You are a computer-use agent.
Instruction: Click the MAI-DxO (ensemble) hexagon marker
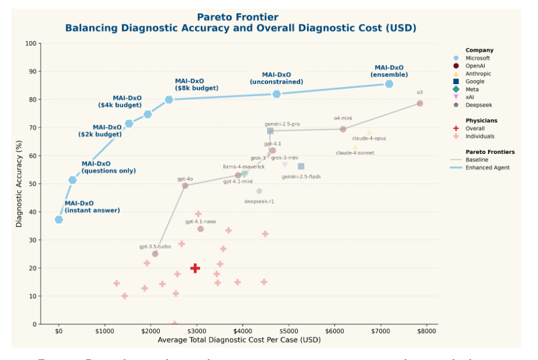[389, 84]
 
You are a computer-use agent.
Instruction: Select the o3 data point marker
[420, 103]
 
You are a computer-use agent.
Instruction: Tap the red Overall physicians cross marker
[195, 268]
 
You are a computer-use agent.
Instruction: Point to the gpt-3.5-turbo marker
[155, 254]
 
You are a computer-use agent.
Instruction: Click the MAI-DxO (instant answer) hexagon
[59, 219]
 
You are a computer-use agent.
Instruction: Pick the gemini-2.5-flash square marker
[301, 167]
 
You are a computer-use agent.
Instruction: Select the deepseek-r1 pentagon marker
[259, 191]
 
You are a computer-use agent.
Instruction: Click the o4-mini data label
[342, 118]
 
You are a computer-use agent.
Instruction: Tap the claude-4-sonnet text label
[355, 153]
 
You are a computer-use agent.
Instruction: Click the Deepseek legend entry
[479, 105]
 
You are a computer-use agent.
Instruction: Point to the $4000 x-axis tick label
[243, 331]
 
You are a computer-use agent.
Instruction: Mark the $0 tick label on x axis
[59, 331]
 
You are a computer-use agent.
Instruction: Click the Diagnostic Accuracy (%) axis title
[19, 183]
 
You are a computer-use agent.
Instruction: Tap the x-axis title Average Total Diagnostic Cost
[239, 340]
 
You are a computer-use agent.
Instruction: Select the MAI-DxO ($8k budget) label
[196, 85]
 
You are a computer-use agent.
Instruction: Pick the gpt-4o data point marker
[185, 186]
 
